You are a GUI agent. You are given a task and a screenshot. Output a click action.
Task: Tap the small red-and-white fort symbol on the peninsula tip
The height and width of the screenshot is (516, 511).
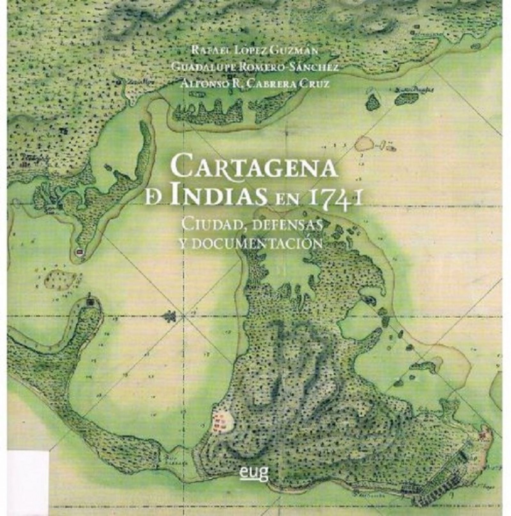click(79, 252)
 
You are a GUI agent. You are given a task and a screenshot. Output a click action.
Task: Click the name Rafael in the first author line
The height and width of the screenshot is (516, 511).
click(211, 51)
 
